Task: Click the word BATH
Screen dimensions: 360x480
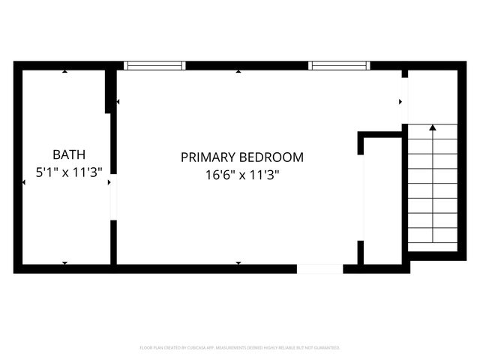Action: click(x=69, y=155)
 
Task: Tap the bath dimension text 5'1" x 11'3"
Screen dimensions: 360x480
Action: click(x=69, y=172)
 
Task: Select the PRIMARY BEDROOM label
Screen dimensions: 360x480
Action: click(x=241, y=157)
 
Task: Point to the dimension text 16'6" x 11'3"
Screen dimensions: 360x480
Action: click(x=241, y=175)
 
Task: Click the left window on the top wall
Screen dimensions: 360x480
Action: click(x=154, y=65)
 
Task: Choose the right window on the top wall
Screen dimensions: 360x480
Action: click(x=340, y=65)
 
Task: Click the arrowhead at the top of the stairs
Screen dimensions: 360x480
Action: click(x=432, y=127)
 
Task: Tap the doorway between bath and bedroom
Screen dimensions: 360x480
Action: click(x=113, y=200)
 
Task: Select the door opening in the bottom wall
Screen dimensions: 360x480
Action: click(x=319, y=268)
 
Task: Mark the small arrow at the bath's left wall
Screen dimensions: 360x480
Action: click(x=24, y=181)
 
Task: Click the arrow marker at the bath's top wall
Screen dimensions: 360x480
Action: click(x=65, y=71)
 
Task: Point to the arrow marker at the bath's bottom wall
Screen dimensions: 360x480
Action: click(x=65, y=262)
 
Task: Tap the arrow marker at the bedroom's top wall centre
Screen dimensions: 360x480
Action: click(x=238, y=71)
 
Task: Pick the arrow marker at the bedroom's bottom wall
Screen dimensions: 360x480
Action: click(x=238, y=262)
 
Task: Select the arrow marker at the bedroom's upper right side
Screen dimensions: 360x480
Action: click(x=400, y=101)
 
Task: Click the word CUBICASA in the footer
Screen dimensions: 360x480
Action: click(x=200, y=348)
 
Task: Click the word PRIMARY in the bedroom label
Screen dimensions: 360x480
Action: click(x=208, y=157)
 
